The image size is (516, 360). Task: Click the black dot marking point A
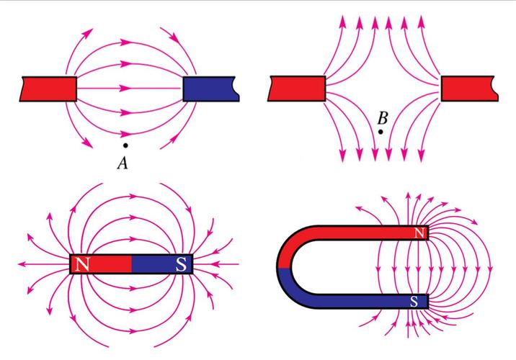click(x=125, y=145)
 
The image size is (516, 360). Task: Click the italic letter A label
click(x=123, y=163)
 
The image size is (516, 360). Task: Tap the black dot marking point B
click(x=381, y=132)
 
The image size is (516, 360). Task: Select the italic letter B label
click(x=383, y=118)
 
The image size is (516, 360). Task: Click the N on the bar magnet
click(x=82, y=264)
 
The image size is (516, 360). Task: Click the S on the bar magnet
click(x=181, y=264)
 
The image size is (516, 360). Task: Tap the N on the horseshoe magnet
click(x=419, y=233)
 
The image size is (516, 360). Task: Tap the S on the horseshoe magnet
click(x=414, y=301)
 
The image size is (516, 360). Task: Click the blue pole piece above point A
click(x=211, y=89)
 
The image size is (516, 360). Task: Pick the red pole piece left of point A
click(x=48, y=89)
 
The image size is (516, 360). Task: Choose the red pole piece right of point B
click(x=470, y=89)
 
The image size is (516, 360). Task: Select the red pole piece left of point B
click(x=296, y=89)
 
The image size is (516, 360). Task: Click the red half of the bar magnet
click(x=101, y=264)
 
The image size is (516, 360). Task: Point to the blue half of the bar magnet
click(x=162, y=264)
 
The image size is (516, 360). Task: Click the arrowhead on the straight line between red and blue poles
click(x=125, y=88)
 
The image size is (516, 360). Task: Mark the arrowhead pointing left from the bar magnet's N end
click(x=22, y=264)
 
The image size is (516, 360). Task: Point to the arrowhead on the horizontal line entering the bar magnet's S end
click(x=215, y=264)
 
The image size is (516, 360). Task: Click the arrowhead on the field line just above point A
click(x=125, y=134)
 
